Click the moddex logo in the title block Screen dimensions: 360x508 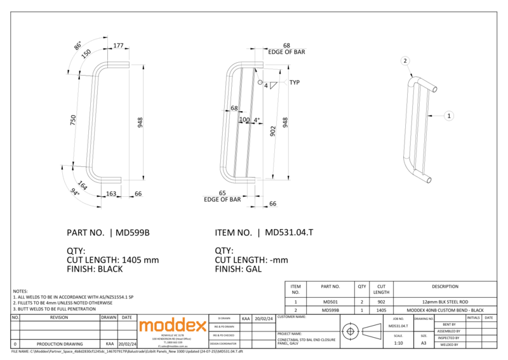tap(172, 326)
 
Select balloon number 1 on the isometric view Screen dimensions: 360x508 tap(449, 116)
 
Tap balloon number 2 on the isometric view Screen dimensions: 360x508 tap(404, 61)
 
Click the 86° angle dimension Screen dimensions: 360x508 tap(78, 46)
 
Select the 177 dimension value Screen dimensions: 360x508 tap(119, 46)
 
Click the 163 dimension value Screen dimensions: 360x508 tap(110, 193)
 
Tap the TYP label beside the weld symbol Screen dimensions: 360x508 tap(294, 83)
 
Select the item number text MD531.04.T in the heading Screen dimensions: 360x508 tap(288, 232)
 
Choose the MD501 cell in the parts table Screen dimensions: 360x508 tap(330, 302)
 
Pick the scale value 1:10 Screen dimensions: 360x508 tap(398, 343)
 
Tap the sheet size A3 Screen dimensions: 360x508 tap(424, 343)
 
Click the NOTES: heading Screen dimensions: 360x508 tap(21, 290)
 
